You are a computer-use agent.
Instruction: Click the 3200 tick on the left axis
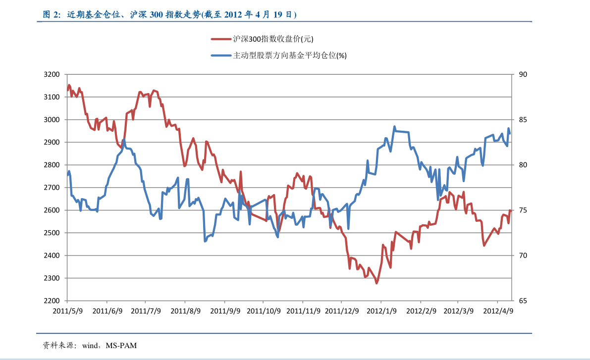52,74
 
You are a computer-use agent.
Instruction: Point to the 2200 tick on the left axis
52,301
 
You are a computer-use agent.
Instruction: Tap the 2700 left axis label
52,188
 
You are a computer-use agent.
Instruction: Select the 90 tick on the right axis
523,74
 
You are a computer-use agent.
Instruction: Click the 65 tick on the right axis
523,301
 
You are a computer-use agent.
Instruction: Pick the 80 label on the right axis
523,165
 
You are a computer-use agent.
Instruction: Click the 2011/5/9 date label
67,311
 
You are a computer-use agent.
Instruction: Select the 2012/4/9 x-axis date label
498,311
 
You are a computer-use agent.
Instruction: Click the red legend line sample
221,39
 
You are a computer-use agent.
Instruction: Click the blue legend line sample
221,55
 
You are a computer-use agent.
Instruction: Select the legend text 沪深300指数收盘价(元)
273,39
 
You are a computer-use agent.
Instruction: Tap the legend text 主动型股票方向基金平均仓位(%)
290,55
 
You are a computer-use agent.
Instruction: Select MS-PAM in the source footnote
121,345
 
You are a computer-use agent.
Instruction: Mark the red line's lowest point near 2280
376,283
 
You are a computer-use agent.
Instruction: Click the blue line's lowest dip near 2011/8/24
205,241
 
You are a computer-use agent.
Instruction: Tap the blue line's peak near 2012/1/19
394,127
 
